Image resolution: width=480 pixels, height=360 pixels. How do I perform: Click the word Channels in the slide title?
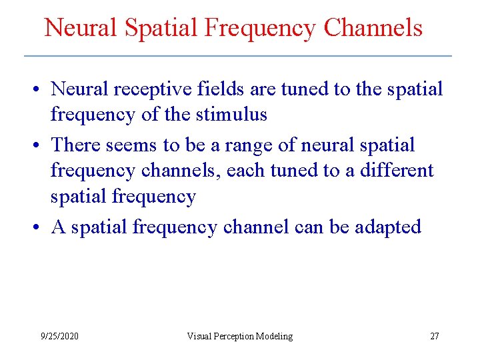tap(373, 28)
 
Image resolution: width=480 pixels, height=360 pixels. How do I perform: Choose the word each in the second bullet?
tap(245, 171)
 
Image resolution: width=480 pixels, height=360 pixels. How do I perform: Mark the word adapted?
tap(389, 227)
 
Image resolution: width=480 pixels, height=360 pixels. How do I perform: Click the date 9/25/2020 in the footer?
tap(59, 336)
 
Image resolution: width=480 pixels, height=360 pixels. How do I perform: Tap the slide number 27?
tap(434, 336)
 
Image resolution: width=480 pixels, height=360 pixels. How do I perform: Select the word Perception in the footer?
tap(235, 336)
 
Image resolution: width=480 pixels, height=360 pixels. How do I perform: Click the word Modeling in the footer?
tap(275, 336)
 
